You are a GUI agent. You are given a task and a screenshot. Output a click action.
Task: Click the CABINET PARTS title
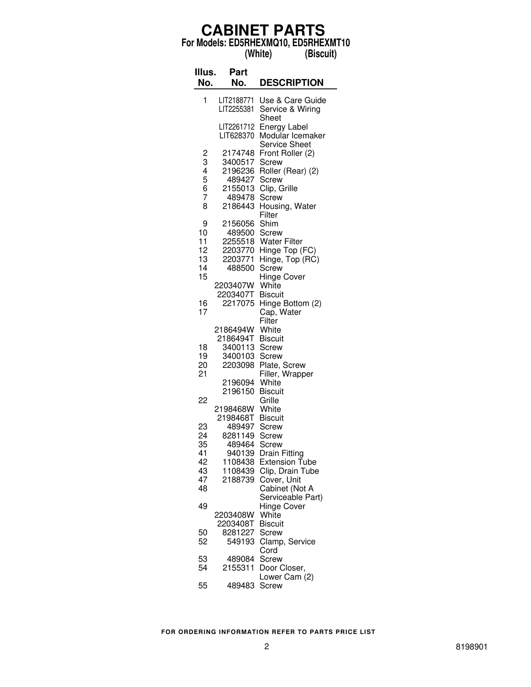click(x=263, y=31)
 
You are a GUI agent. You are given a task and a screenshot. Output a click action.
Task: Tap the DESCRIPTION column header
click(x=291, y=83)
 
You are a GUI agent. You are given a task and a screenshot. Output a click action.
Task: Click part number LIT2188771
click(x=236, y=100)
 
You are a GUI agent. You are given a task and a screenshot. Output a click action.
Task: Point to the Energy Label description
click(x=283, y=127)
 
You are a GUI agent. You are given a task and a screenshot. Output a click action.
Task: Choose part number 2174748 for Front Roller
click(x=238, y=153)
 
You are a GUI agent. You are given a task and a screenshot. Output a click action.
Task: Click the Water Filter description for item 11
click(x=281, y=241)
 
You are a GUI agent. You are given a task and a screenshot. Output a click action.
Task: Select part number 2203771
click(x=238, y=259)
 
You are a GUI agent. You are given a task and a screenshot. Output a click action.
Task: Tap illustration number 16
click(x=203, y=303)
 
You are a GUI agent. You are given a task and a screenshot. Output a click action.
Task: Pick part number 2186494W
click(x=234, y=330)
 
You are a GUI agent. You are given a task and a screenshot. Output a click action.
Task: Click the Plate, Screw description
click(x=282, y=365)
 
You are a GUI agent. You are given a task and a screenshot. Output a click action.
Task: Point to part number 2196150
click(x=238, y=391)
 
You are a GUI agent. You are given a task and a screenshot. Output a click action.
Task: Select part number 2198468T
click(x=236, y=418)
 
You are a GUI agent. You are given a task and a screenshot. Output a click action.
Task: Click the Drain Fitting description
click(x=281, y=453)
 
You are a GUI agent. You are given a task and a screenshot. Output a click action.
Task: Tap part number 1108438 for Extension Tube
click(x=238, y=462)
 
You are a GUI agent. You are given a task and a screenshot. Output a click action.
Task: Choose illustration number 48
click(x=203, y=488)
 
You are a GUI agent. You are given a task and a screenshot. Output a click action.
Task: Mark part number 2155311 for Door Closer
click(x=238, y=568)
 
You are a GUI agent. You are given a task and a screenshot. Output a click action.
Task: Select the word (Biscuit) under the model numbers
click(x=321, y=54)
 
